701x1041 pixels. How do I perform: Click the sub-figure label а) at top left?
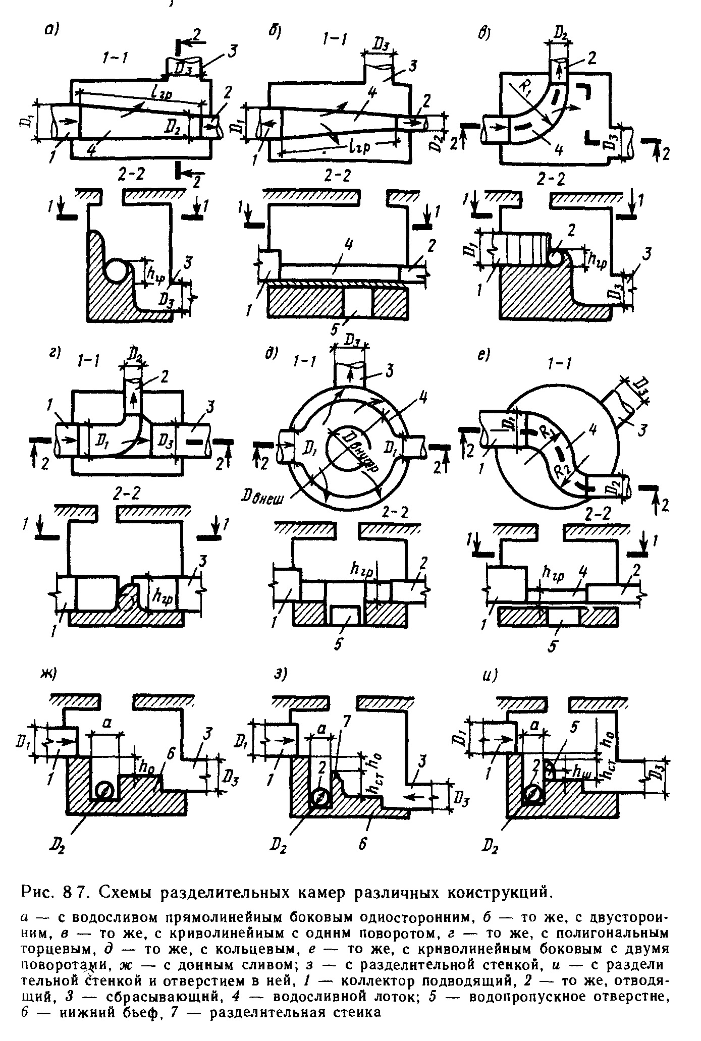pyautogui.click(x=50, y=32)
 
